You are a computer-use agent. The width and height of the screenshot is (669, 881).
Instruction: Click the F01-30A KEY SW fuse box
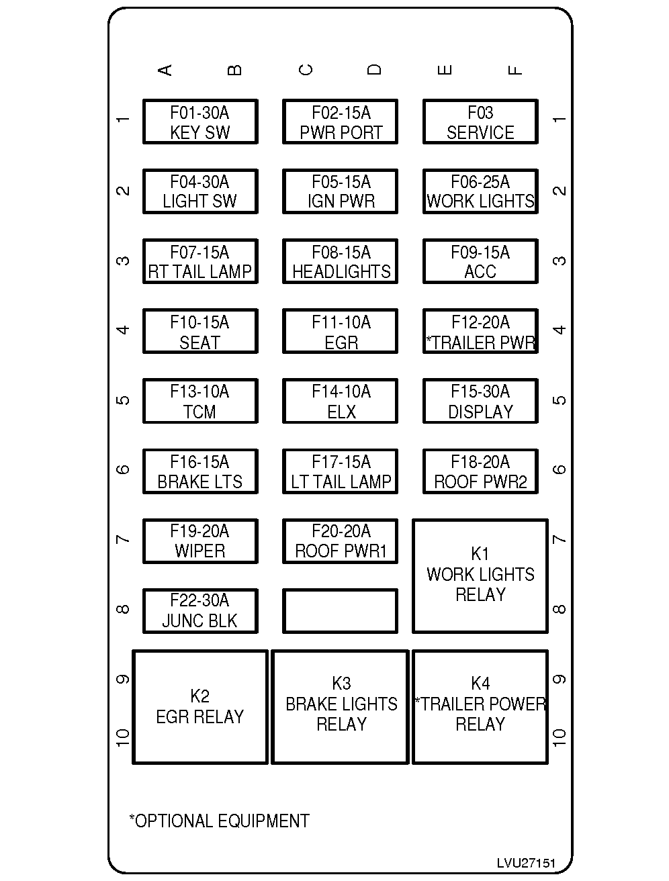click(x=200, y=122)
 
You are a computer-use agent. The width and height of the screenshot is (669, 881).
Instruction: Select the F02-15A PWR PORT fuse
click(x=340, y=122)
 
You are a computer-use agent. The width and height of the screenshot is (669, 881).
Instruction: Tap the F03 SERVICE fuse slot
click(x=480, y=122)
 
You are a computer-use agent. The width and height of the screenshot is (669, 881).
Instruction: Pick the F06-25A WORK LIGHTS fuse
click(x=480, y=191)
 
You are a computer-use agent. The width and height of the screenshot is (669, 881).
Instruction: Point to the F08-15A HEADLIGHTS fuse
click(x=340, y=261)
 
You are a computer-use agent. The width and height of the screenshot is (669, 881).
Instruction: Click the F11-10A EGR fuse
click(x=340, y=331)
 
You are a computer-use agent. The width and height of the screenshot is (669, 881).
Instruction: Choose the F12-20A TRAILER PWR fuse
click(x=480, y=331)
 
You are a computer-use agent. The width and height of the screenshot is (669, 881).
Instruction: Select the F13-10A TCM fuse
click(x=200, y=401)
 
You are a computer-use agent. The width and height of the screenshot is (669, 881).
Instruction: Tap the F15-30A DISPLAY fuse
click(x=480, y=401)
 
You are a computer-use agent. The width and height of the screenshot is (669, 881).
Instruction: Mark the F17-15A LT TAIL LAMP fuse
click(x=340, y=471)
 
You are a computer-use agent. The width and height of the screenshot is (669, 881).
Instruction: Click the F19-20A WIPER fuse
click(x=200, y=541)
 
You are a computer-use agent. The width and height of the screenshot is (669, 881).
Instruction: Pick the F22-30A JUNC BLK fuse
click(x=200, y=611)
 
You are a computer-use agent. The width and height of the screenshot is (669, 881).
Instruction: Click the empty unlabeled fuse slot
click(x=340, y=611)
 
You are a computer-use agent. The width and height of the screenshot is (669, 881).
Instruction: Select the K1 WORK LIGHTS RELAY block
click(x=480, y=576)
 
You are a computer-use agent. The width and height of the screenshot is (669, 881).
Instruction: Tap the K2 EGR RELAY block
click(x=200, y=707)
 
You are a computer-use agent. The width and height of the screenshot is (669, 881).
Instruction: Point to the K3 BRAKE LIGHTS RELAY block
click(x=340, y=707)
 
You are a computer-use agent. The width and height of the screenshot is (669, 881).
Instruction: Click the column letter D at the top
click(x=374, y=70)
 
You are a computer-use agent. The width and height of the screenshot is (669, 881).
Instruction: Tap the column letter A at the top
click(x=165, y=70)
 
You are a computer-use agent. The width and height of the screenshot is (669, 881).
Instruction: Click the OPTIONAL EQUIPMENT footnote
click(x=219, y=821)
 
